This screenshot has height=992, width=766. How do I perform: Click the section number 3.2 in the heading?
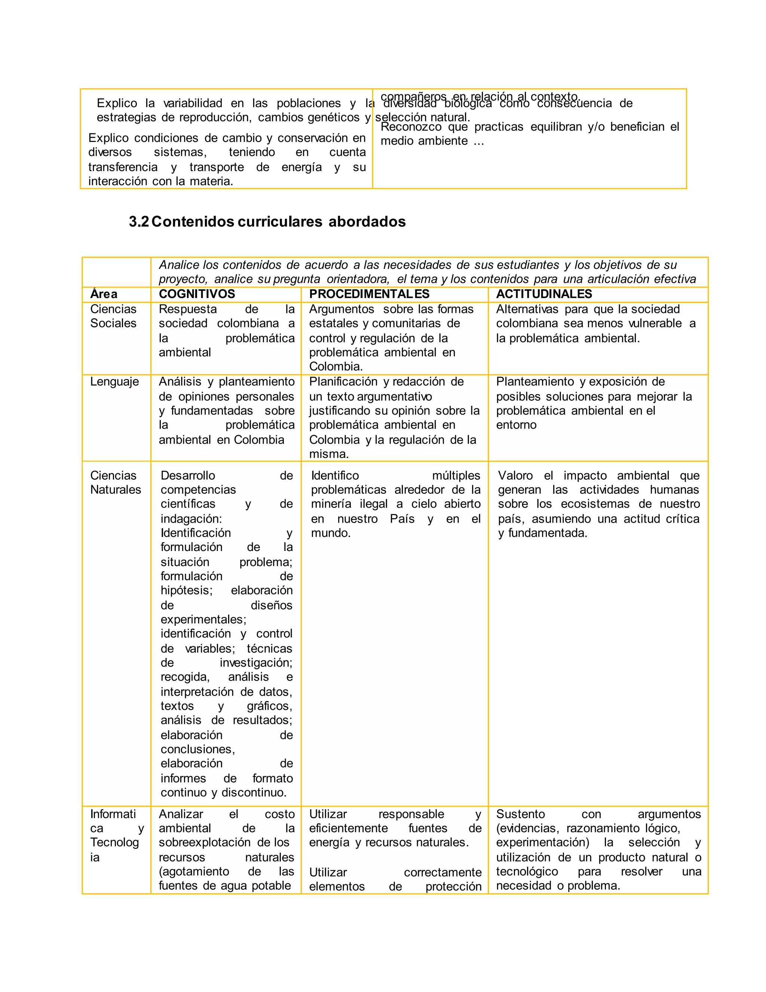(138, 222)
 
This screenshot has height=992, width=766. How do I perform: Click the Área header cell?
(104, 294)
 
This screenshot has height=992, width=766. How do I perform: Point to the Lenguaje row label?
(114, 381)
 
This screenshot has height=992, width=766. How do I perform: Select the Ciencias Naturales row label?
(115, 483)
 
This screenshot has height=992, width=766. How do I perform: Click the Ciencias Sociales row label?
(113, 316)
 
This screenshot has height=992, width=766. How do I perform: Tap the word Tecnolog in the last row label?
(114, 842)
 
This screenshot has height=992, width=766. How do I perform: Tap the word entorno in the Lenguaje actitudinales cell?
(516, 425)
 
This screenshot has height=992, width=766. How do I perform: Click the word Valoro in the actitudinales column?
(515, 475)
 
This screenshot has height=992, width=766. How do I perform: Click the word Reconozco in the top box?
(411, 127)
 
